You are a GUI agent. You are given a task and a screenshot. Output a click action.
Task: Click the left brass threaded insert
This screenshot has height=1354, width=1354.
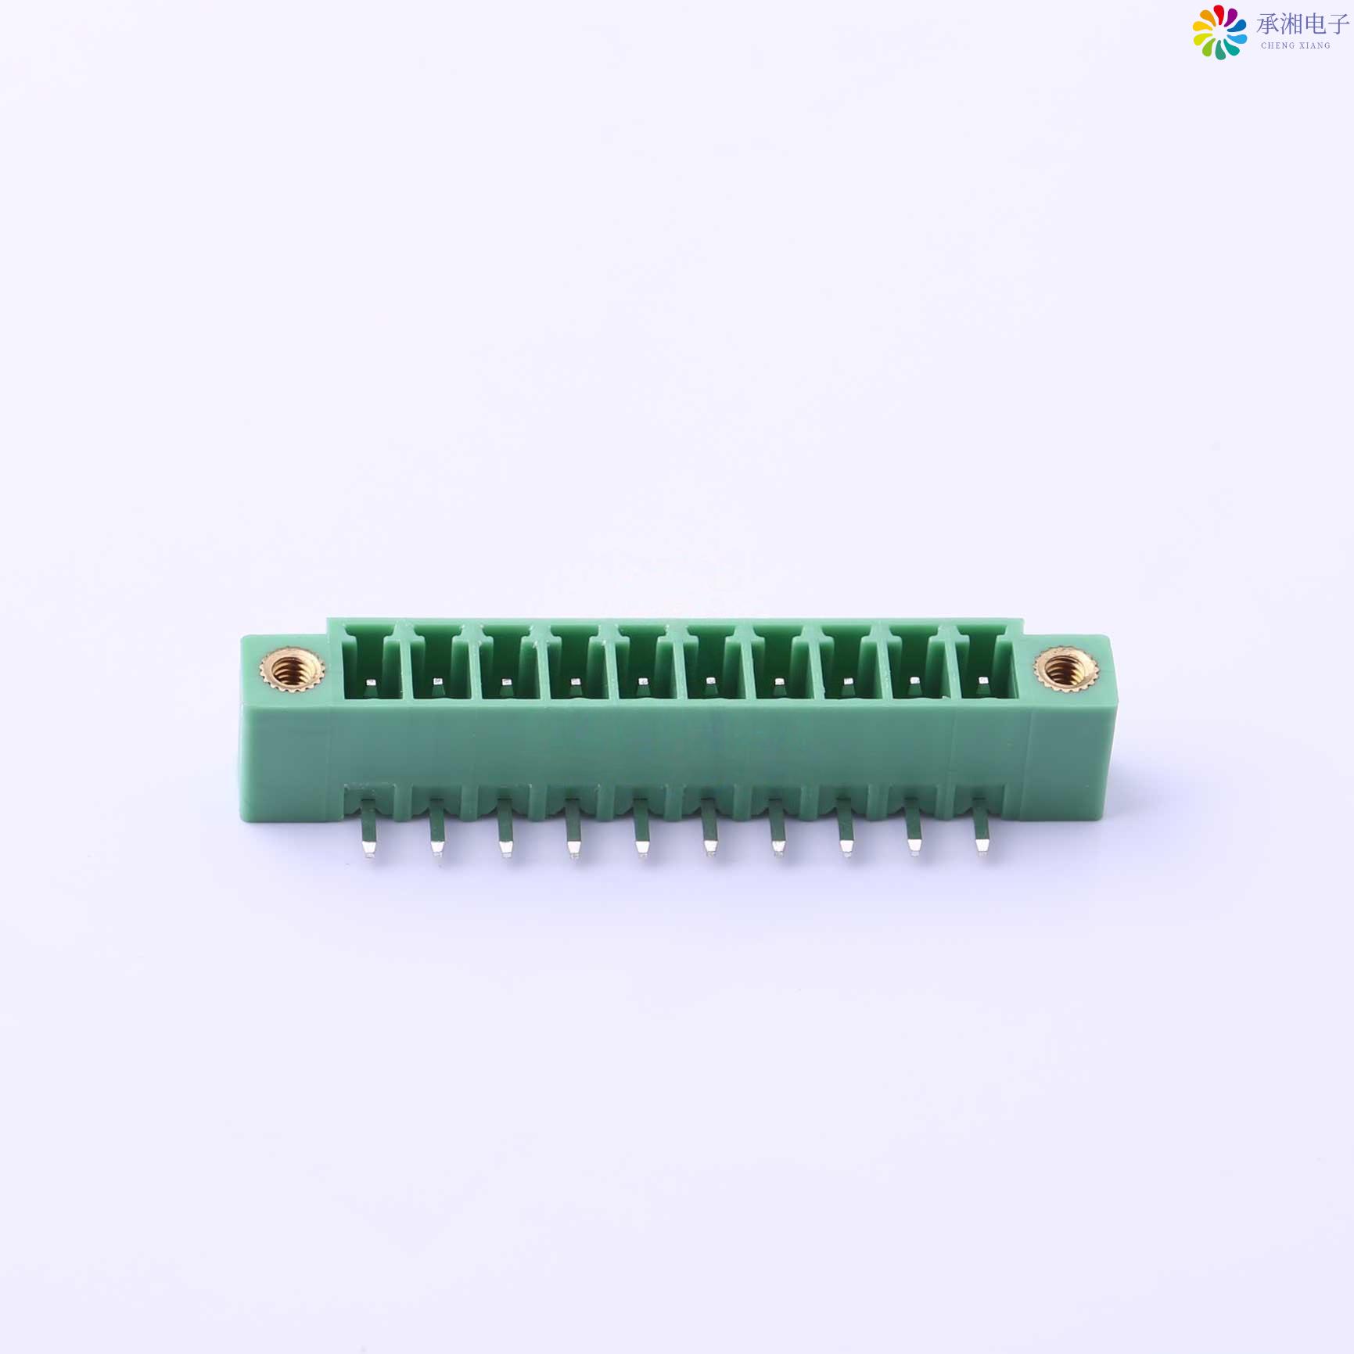point(292,670)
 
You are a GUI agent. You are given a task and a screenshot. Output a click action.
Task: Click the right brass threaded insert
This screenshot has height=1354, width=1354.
point(1065,669)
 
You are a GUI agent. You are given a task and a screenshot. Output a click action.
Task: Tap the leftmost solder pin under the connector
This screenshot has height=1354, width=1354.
point(369,832)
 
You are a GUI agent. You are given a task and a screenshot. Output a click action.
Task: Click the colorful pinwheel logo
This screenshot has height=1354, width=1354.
point(1219,32)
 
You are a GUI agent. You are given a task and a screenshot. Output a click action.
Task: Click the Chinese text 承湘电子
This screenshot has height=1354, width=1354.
point(1302,24)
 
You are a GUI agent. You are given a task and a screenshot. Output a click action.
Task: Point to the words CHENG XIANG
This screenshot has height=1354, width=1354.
point(1295,46)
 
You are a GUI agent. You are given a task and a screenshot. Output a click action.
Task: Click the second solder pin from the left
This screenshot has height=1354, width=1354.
point(436,832)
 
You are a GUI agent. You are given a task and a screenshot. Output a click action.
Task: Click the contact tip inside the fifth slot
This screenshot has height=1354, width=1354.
point(642,682)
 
